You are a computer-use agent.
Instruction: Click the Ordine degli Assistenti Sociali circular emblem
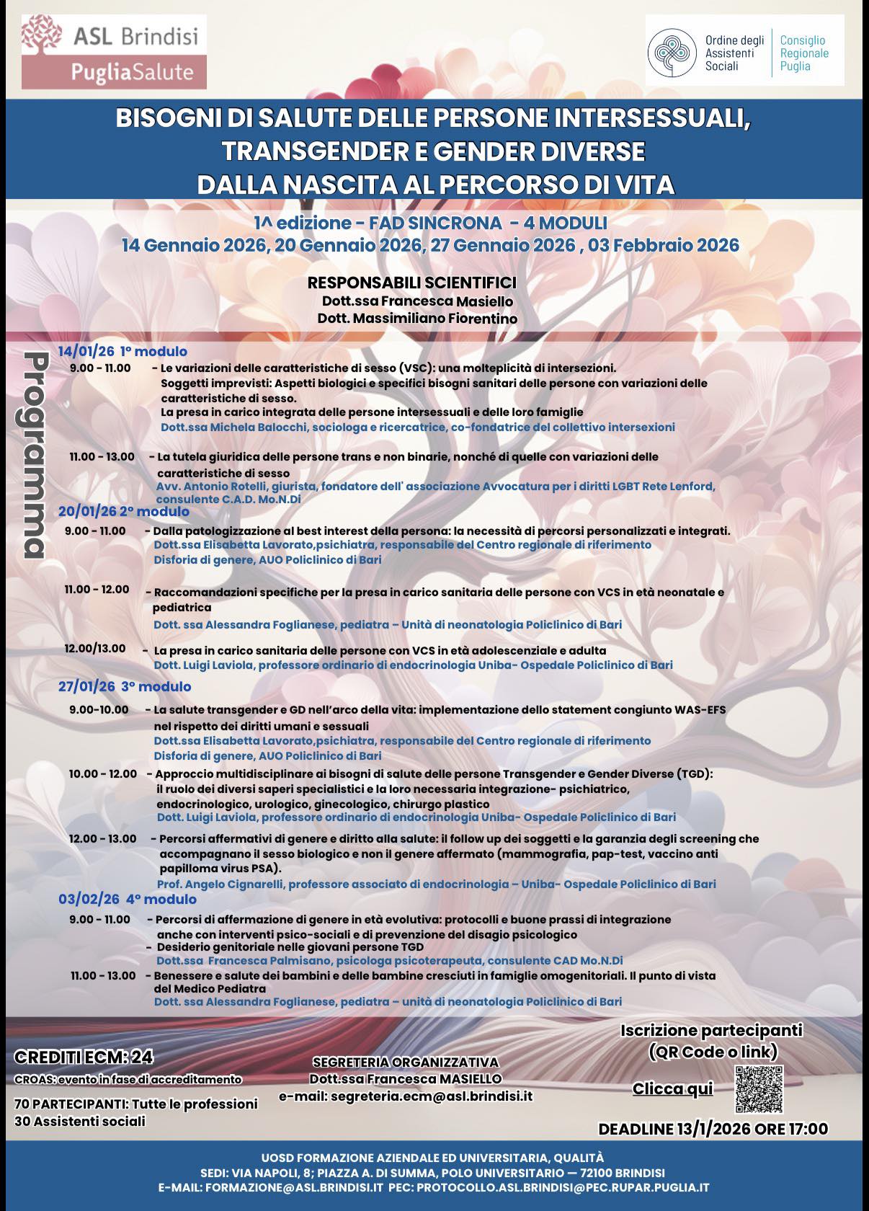[672, 53]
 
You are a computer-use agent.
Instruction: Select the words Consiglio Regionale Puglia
[803, 53]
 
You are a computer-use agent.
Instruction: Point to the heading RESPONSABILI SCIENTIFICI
[411, 283]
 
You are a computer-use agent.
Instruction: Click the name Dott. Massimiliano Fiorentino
[417, 318]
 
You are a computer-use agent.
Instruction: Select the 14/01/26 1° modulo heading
[122, 352]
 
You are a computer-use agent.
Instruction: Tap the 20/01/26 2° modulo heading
[123, 511]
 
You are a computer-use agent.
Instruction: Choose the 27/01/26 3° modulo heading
[125, 686]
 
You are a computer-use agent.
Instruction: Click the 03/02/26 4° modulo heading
[127, 899]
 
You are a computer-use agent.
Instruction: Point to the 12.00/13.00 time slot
[94, 649]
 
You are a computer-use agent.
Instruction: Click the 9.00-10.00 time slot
[99, 709]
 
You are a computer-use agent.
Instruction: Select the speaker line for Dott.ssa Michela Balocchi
[417, 427]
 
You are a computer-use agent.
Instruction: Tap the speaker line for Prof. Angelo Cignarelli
[436, 884]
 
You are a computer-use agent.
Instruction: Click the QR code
[759, 1088]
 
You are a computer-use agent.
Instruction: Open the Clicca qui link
[672, 1088]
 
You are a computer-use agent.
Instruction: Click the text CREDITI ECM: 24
[84, 1057]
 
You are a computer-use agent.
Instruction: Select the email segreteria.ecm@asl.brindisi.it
[406, 1096]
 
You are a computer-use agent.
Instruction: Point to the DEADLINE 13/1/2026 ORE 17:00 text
[713, 1129]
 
